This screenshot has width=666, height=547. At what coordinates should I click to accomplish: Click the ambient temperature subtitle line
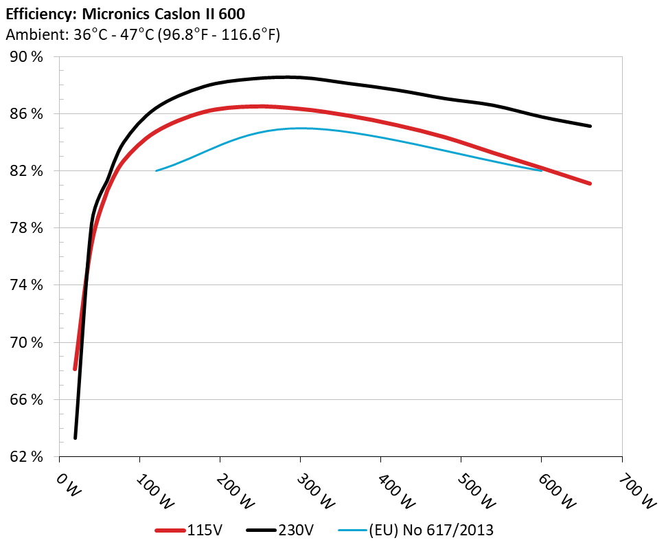(142, 34)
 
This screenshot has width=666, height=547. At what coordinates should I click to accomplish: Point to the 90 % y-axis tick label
(25, 56)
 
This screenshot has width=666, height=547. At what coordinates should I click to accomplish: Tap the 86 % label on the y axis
(25, 113)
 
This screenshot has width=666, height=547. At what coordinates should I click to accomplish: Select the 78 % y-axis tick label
(25, 227)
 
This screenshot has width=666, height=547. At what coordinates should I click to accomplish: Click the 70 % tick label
(25, 342)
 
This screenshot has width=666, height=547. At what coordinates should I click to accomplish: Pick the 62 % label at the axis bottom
(25, 456)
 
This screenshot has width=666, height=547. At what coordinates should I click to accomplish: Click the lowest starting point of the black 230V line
(76, 438)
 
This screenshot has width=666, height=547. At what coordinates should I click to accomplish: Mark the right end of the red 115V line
(590, 183)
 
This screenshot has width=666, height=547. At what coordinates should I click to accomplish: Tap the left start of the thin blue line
(156, 170)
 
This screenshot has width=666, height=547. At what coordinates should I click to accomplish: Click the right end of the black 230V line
(590, 126)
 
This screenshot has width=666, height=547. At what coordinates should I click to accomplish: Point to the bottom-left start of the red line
(75, 369)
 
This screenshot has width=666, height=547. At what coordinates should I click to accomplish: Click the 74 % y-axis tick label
(25, 284)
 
